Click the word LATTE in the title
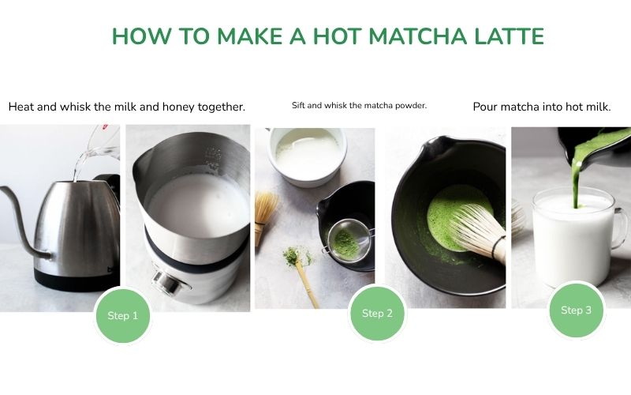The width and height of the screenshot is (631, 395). tap(503, 36)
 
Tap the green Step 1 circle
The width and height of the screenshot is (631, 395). tap(122, 315)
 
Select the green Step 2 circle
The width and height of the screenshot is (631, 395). tap(377, 313)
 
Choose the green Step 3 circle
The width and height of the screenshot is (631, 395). tap(576, 310)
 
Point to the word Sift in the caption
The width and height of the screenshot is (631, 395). tap(297, 106)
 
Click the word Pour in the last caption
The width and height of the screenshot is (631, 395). tap(487, 107)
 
